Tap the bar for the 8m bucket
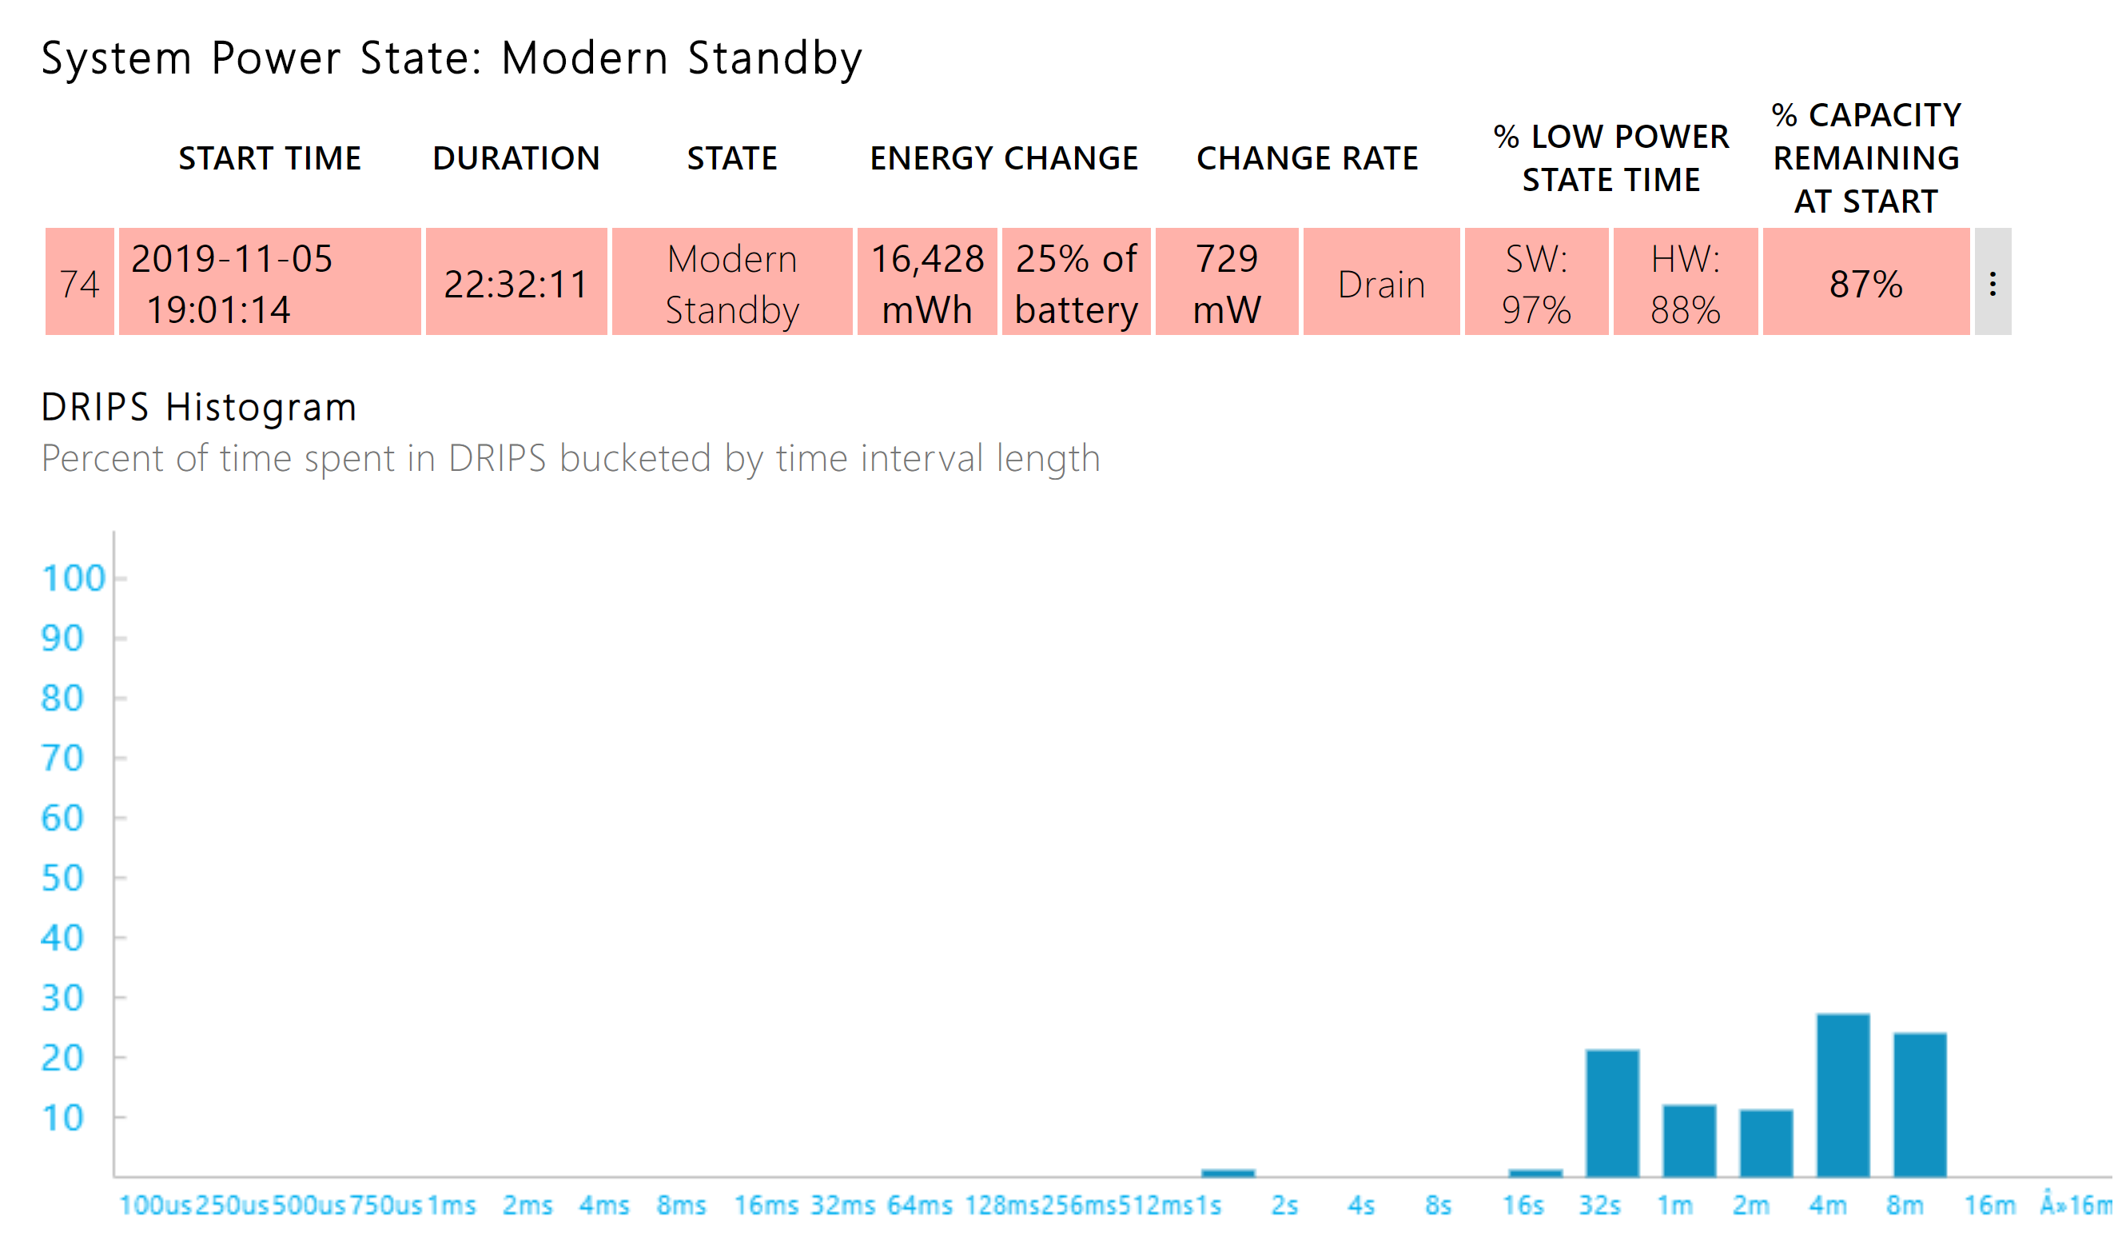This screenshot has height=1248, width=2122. point(1920,1105)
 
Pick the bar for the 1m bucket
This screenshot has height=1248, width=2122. point(1689,1141)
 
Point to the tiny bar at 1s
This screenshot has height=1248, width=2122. point(1228,1172)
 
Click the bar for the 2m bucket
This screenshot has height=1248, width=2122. point(1766,1143)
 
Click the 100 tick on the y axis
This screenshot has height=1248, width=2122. point(74,579)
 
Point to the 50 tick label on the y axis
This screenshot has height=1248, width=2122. point(62,879)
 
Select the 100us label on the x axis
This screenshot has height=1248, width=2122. point(155,1206)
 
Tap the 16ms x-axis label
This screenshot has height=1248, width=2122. point(766,1206)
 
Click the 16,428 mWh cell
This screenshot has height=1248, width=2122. point(927,283)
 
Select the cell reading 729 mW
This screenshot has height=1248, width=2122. point(1227,283)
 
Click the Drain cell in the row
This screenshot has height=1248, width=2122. point(1381,284)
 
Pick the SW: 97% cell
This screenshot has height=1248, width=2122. point(1536,283)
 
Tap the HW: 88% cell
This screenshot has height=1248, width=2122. point(1685,283)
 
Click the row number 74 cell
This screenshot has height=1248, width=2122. point(79,283)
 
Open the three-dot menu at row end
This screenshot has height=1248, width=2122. point(1993,283)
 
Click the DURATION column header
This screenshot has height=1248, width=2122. point(516,158)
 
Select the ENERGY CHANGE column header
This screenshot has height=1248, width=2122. point(1004,158)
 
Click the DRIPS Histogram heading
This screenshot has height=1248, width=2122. point(199,408)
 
